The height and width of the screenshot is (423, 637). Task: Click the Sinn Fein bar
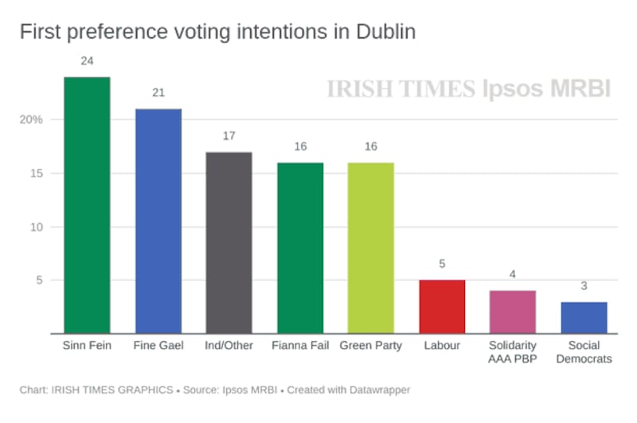pos(87,205)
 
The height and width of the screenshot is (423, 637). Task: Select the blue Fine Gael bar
pos(158,221)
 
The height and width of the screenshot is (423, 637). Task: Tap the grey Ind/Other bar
pos(229,243)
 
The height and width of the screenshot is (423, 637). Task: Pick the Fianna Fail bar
pos(300,248)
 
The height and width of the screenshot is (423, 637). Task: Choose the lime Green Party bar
pos(371,248)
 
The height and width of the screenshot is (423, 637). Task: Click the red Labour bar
pos(442,307)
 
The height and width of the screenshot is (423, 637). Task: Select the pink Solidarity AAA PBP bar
pos(513,312)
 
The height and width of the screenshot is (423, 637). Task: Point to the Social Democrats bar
pos(584,317)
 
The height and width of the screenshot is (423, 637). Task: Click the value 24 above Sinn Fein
pos(87,61)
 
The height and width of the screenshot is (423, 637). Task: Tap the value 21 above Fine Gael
pos(158,93)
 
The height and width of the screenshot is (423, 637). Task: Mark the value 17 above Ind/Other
pos(229,136)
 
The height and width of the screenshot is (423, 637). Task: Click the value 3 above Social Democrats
pos(584,285)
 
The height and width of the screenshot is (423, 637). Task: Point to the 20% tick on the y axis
pos(31,120)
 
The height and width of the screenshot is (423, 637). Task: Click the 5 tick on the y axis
pos(37,280)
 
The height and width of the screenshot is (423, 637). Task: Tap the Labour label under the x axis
pos(442,346)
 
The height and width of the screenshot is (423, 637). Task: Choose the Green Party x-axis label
pos(371,346)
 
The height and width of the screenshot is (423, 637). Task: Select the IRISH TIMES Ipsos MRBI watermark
pos(468,89)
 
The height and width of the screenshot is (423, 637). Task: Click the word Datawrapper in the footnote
pos(377,390)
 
